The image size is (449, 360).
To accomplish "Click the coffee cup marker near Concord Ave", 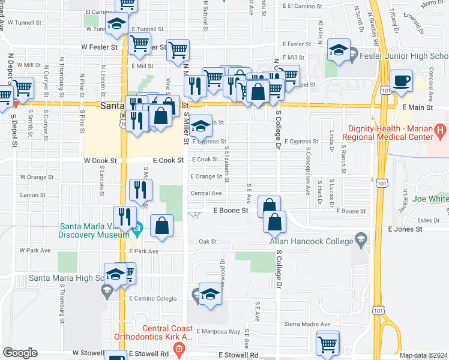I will (x=401, y=80).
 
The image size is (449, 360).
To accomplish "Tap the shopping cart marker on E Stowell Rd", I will (x=327, y=344).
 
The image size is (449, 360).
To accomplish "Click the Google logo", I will (x=20, y=353).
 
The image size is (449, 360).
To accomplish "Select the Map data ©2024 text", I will (x=423, y=355).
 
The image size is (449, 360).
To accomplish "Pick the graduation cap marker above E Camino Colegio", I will (x=209, y=295).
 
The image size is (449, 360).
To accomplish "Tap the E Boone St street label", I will (x=231, y=211).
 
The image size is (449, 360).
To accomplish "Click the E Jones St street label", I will (x=405, y=229).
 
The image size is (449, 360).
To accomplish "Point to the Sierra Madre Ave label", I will (x=307, y=324).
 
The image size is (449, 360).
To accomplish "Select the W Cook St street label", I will (x=99, y=161).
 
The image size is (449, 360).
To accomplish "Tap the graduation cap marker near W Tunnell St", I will (x=116, y=25).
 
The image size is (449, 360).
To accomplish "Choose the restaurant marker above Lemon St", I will (x=140, y=191).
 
